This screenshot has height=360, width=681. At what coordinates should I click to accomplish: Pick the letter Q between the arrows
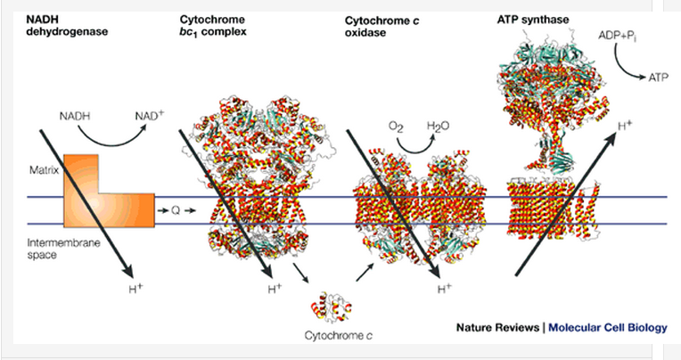click(175, 210)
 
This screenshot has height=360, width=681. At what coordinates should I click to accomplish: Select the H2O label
click(438, 127)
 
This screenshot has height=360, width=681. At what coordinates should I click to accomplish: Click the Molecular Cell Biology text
click(607, 327)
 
